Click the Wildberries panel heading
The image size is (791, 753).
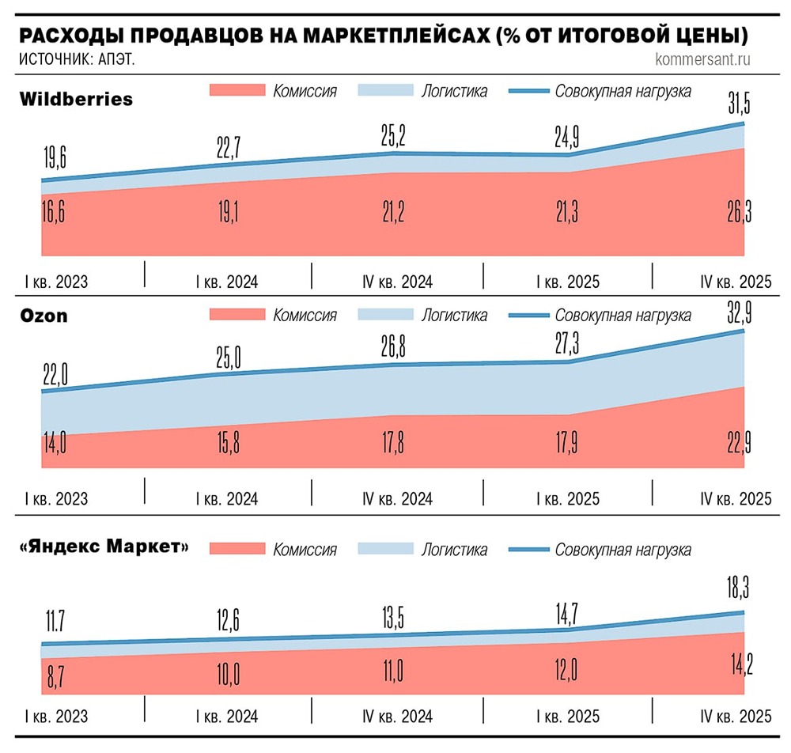[x=75, y=100]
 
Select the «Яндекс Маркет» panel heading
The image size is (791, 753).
[x=104, y=547]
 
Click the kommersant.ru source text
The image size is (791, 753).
[x=702, y=59]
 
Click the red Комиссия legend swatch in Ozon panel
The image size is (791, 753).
[x=236, y=316]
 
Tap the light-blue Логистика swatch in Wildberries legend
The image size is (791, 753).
[x=385, y=90]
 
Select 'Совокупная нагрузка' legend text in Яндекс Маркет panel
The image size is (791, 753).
[x=623, y=550]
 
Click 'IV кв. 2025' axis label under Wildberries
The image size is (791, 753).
[x=736, y=282]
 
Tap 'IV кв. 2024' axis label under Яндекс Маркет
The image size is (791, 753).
[x=398, y=716]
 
